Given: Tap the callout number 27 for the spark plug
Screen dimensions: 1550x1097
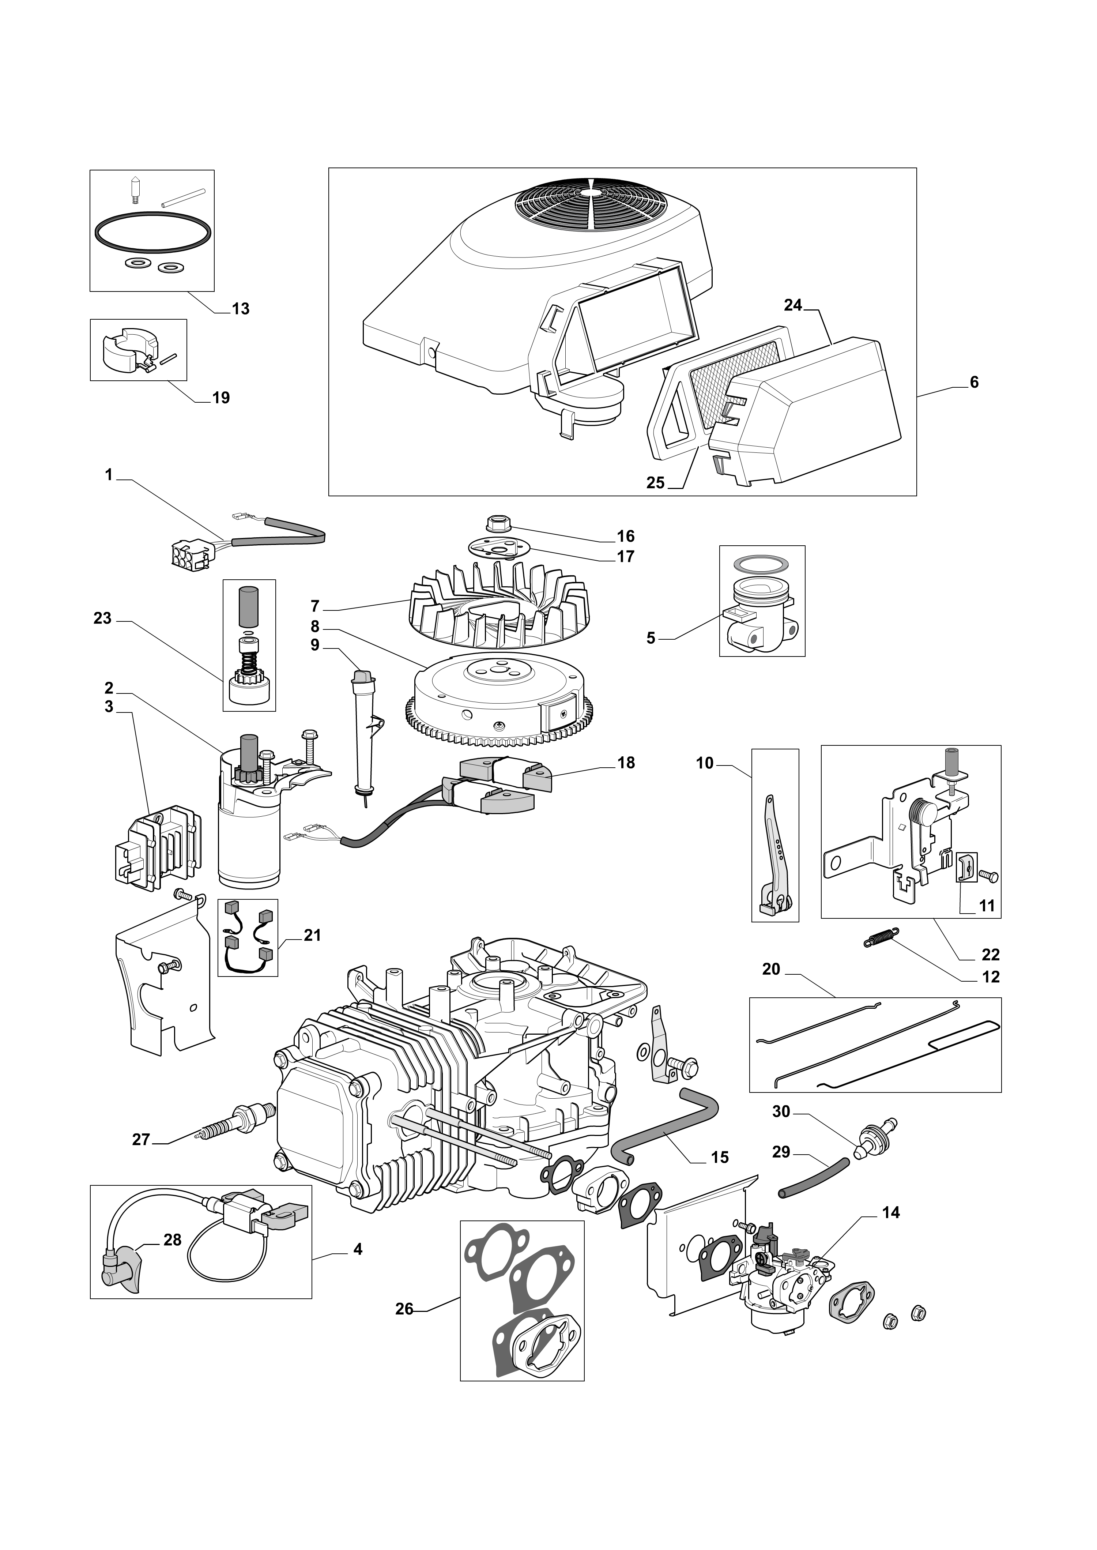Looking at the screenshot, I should [140, 1140].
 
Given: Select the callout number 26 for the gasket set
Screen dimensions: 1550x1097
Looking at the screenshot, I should [404, 1309].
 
